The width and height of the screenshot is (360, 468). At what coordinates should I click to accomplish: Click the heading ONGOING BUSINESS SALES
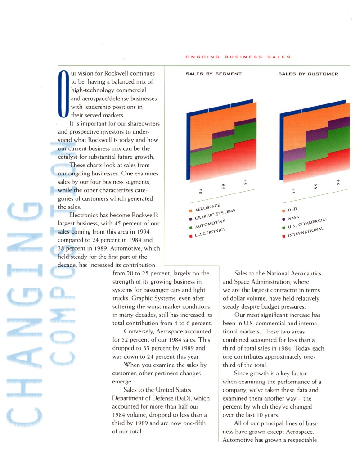click(238, 57)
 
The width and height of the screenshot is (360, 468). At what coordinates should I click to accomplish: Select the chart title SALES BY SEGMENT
click(214, 74)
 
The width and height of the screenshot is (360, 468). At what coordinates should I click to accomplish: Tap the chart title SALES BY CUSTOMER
click(308, 74)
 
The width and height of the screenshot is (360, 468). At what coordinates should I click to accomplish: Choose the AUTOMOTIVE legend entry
click(210, 224)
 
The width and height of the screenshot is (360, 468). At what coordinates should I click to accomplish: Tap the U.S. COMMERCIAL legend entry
click(306, 224)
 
